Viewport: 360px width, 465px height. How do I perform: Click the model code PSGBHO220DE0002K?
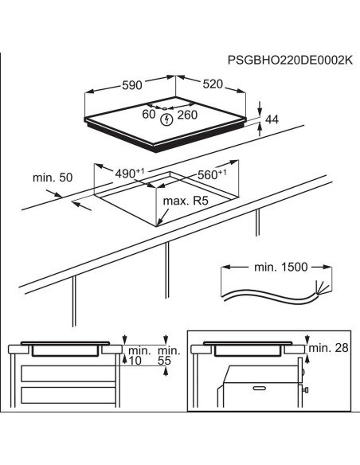[290, 61]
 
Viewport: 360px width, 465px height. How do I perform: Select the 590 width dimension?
[132, 85]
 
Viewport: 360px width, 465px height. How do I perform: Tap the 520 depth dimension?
[213, 84]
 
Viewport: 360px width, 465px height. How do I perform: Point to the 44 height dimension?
[272, 119]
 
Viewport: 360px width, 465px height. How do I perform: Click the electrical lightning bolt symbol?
[166, 119]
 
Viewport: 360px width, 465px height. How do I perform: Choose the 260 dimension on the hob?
[187, 115]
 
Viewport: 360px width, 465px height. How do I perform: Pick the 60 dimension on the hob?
[149, 114]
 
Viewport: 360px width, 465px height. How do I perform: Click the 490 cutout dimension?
[129, 174]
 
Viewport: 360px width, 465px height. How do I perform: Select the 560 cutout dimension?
[212, 174]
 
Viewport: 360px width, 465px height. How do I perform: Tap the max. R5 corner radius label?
[186, 201]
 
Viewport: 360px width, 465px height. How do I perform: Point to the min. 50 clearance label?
[53, 178]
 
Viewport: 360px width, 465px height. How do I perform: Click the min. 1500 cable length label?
[281, 268]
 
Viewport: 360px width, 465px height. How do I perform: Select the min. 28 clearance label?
[329, 348]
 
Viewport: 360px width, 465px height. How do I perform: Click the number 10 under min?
[135, 361]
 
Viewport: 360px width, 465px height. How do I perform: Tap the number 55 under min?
[164, 361]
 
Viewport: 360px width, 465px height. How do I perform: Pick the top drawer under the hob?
[68, 373]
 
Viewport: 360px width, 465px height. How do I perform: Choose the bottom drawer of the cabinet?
[68, 395]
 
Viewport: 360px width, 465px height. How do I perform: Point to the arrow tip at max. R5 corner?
[157, 226]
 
